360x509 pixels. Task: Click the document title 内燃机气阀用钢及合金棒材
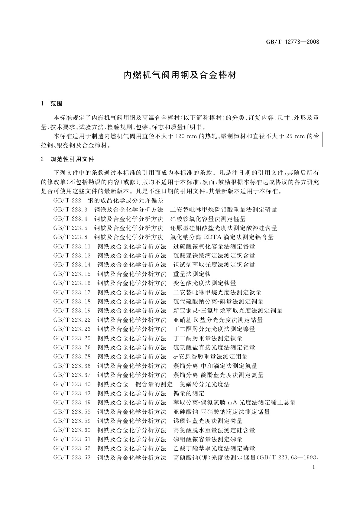pyautogui.click(x=180, y=75)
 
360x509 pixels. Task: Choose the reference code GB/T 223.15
pyautogui.click(x=72, y=274)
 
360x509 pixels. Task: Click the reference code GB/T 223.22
pyautogui.click(x=72, y=320)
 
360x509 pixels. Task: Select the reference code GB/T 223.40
pyautogui.click(x=72, y=384)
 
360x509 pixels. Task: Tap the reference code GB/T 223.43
pyautogui.click(x=72, y=393)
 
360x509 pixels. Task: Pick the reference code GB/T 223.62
pyautogui.click(x=72, y=448)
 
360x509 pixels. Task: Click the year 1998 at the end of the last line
pyautogui.click(x=310, y=458)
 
